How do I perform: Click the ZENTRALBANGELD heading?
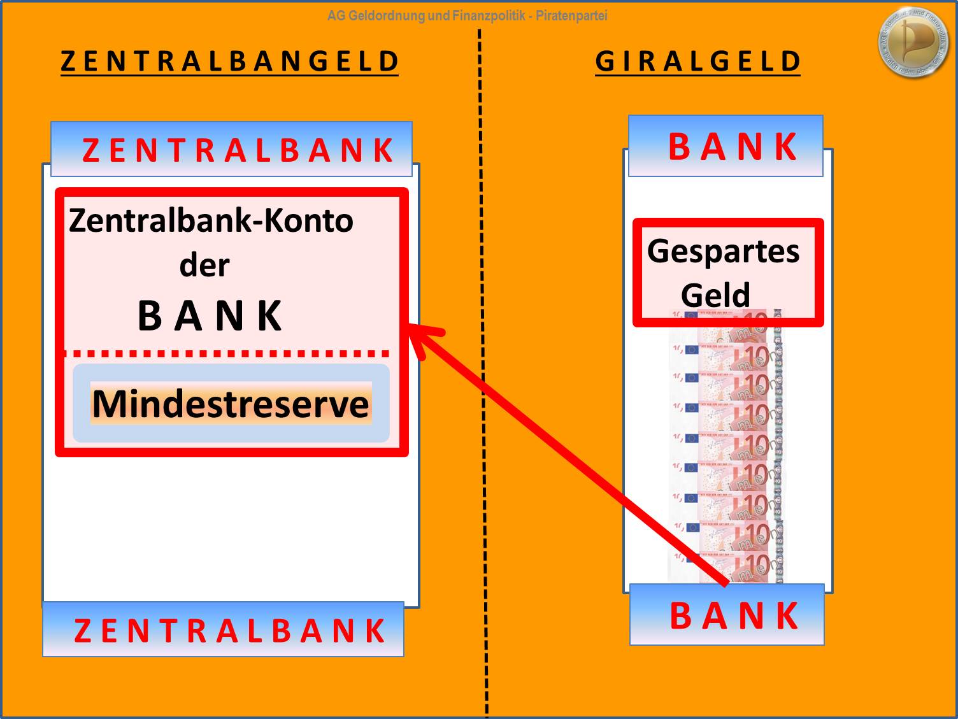(229, 62)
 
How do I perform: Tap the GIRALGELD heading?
(697, 62)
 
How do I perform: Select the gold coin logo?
(914, 43)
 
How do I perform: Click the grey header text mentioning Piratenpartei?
(467, 16)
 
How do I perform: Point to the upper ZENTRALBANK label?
(238, 150)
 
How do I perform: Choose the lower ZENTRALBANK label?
(229, 630)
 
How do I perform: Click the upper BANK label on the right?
(733, 146)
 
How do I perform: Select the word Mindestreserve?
(231, 404)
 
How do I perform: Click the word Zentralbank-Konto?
(211, 220)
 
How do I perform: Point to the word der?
(204, 265)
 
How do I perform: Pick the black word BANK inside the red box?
(210, 315)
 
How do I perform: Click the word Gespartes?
(723, 250)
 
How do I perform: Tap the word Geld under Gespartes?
(715, 295)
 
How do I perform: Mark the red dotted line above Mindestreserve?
(227, 353)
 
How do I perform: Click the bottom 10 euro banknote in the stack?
(726, 567)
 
